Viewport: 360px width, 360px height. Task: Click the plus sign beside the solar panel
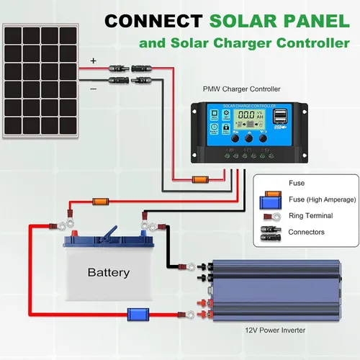(92, 62)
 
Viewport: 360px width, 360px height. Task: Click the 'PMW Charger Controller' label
(242, 90)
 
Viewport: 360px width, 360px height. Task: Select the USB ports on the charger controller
(280, 116)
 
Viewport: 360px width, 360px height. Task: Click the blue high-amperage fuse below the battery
(136, 315)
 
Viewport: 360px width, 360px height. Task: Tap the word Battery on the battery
(108, 272)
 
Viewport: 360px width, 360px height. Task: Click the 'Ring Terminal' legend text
(310, 215)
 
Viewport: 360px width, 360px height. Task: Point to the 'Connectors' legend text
(306, 232)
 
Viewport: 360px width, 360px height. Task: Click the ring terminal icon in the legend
(269, 216)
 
